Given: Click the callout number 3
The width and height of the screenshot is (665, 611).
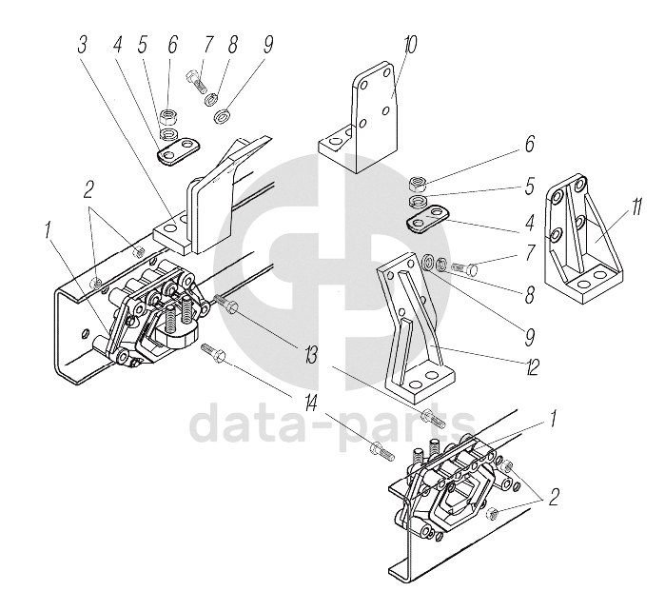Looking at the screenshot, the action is pyautogui.click(x=84, y=46).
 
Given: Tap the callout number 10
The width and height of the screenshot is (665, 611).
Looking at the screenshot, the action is pyautogui.click(x=409, y=46).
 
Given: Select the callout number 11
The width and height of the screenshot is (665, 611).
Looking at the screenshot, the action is pyautogui.click(x=634, y=204).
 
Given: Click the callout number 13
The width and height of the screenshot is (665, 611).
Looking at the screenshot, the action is pyautogui.click(x=310, y=357).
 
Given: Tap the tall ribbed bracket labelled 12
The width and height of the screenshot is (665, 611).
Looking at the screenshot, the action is pyautogui.click(x=411, y=324).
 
